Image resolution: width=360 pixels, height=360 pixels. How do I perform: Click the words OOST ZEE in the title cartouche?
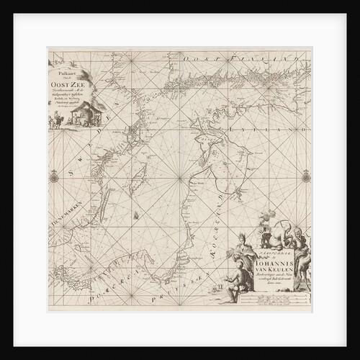(x=66, y=81)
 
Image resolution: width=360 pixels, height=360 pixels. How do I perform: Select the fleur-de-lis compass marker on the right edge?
(x=305, y=176)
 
